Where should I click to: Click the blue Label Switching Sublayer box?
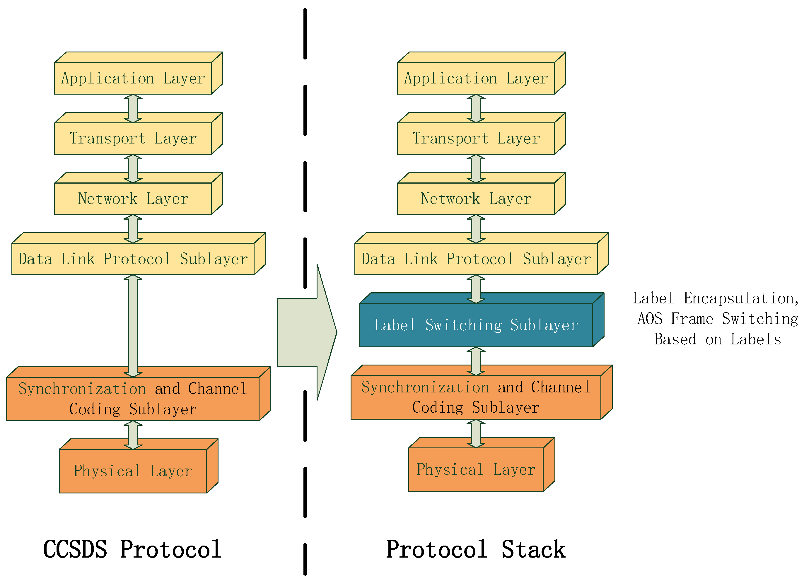click(x=476, y=325)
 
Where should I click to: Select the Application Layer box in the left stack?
click(x=133, y=78)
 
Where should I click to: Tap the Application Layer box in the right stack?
click(x=476, y=78)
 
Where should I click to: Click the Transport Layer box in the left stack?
click(x=133, y=138)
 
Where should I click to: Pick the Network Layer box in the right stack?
click(x=476, y=199)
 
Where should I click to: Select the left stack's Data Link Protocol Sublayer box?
click(x=133, y=259)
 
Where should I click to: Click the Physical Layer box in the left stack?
click(x=133, y=471)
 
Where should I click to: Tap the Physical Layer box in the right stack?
click(x=476, y=469)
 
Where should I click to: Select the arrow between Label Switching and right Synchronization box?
click(x=476, y=361)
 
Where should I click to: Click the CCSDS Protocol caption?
click(x=132, y=549)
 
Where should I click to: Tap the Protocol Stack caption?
click(x=476, y=549)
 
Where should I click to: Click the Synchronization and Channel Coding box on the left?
click(x=133, y=399)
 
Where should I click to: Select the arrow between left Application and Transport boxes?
click(x=133, y=108)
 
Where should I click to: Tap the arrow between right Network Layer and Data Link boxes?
click(x=476, y=229)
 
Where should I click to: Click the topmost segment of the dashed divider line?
click(x=305, y=34)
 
